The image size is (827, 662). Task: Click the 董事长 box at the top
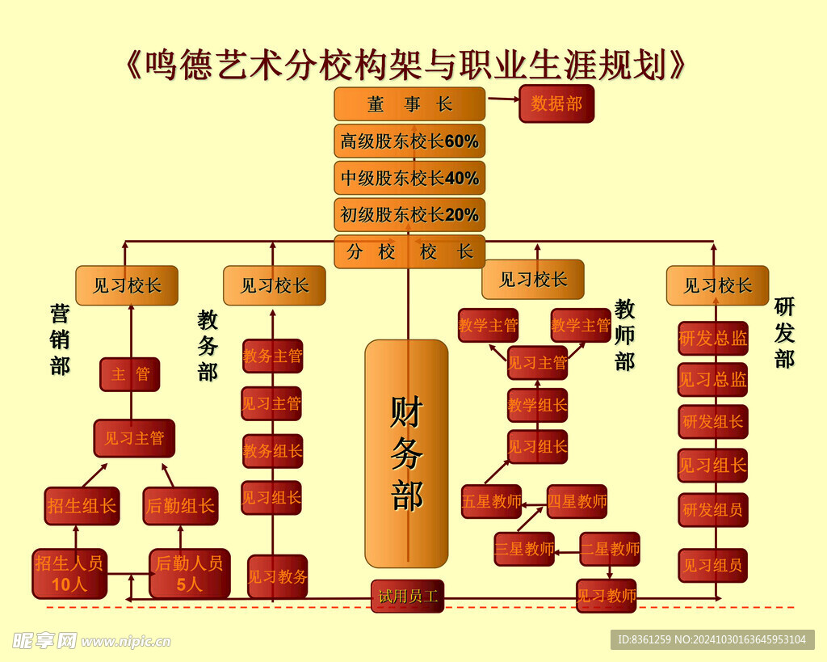(409, 104)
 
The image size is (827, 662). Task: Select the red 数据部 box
(556, 103)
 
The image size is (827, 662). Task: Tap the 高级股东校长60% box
(409, 141)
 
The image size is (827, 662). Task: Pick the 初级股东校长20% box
(409, 215)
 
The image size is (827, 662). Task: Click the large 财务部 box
(406, 453)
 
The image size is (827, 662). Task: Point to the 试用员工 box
(408, 597)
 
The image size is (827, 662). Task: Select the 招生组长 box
(82, 506)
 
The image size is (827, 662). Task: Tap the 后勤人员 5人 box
(190, 573)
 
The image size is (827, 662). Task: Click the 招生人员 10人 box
(69, 573)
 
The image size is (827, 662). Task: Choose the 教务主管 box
(273, 356)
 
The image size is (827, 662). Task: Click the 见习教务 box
(277, 576)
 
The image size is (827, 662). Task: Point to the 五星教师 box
(491, 501)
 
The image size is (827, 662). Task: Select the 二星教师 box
(610, 549)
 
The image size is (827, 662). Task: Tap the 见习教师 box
(606, 596)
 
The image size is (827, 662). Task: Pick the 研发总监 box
(713, 339)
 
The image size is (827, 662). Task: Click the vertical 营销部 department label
(60, 339)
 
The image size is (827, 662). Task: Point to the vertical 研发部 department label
(784, 332)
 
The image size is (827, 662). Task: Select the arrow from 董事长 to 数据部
(502, 99)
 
